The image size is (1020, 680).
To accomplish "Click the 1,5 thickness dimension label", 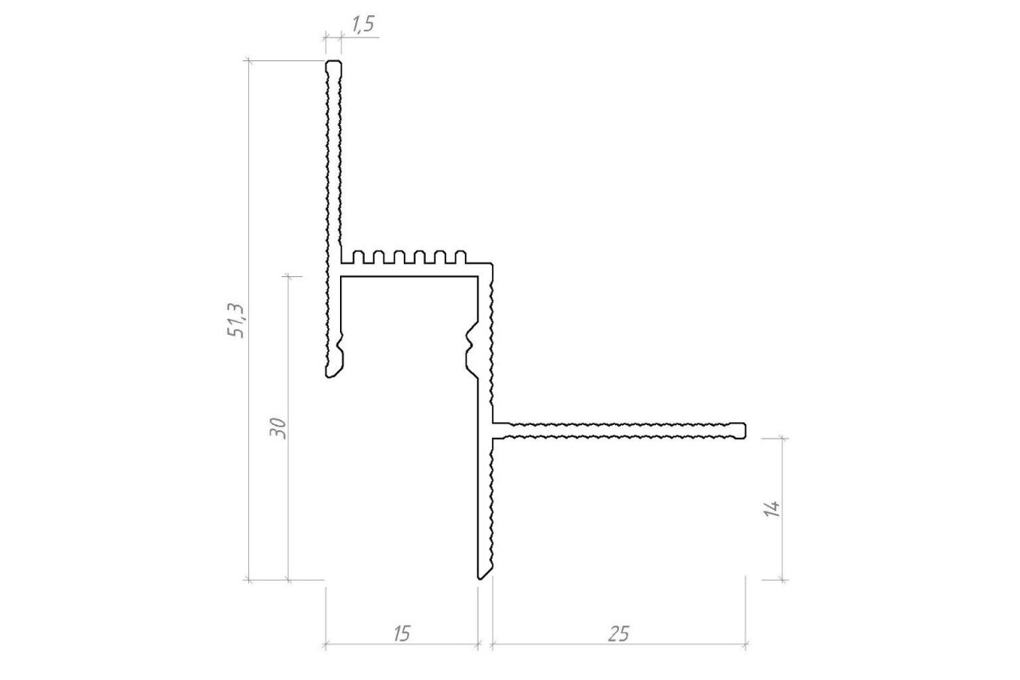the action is point(363,24).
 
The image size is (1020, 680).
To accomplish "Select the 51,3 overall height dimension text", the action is point(236,320).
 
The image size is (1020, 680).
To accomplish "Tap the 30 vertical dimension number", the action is point(278,428).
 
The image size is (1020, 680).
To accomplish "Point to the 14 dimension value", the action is point(772,509).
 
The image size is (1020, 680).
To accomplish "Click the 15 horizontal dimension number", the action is point(401,633).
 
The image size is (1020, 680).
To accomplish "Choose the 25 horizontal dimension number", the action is point(619,633).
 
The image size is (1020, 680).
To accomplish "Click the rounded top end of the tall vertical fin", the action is point(333,63).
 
